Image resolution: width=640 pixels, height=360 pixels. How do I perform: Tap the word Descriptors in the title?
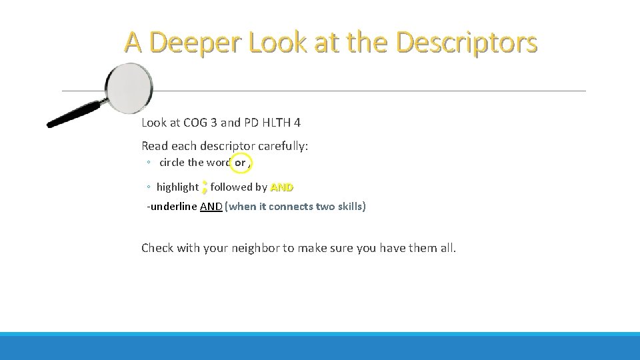pyautogui.click(x=466, y=43)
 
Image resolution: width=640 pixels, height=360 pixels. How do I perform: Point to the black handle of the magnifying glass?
pyautogui.click(x=74, y=114)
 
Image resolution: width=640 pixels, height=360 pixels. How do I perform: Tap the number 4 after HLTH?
pyautogui.click(x=297, y=123)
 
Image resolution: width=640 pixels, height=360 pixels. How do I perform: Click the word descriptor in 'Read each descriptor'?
pyautogui.click(x=224, y=145)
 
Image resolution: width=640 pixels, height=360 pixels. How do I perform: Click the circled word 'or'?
pyautogui.click(x=240, y=162)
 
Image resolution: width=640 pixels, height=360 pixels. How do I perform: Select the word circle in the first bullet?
pyautogui.click(x=172, y=162)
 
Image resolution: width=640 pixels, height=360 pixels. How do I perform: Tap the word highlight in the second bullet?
pyautogui.click(x=177, y=187)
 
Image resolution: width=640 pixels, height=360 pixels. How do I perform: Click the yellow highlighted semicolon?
pyautogui.click(x=205, y=187)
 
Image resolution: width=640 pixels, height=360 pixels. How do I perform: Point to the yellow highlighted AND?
pyautogui.click(x=282, y=187)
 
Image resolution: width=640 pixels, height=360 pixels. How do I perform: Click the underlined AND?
pyautogui.click(x=211, y=207)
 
